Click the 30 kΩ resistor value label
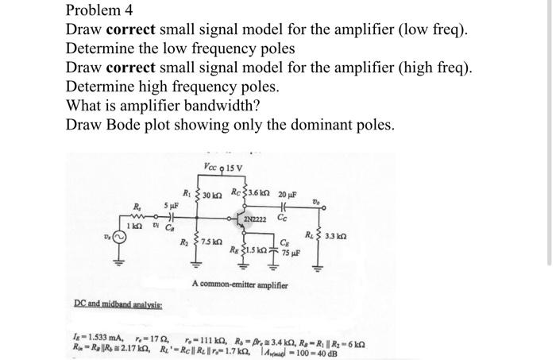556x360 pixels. click(213, 196)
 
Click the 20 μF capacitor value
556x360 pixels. click(288, 195)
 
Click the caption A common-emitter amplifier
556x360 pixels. click(240, 284)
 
